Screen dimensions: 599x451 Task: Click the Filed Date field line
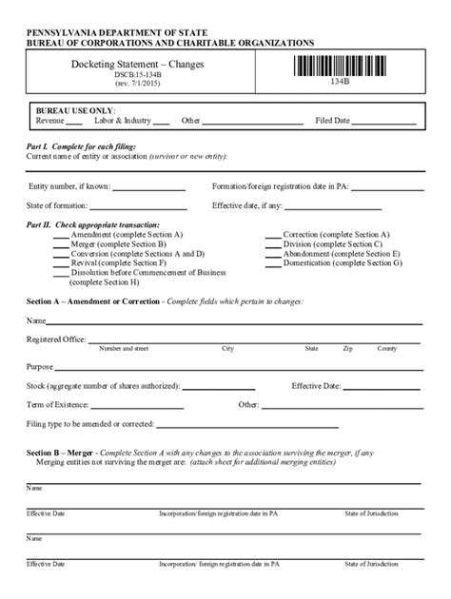384,122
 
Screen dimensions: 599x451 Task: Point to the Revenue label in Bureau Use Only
50,122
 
